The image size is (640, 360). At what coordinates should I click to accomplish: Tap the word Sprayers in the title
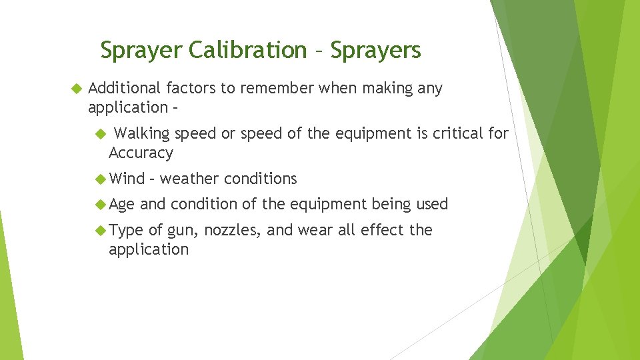pyautogui.click(x=375, y=50)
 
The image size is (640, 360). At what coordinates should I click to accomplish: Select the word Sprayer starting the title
pyautogui.click(x=141, y=50)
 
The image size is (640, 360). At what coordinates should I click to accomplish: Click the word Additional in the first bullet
pyautogui.click(x=125, y=88)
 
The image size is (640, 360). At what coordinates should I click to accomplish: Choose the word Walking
pyautogui.click(x=147, y=133)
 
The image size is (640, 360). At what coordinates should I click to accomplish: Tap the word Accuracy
pyautogui.click(x=141, y=153)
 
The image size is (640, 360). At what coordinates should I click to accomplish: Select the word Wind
pyautogui.click(x=127, y=179)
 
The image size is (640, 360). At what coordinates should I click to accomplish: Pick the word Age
pyautogui.click(x=122, y=204)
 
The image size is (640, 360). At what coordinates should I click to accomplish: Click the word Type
pyautogui.click(x=126, y=230)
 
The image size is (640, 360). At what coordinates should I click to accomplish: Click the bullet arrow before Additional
pyautogui.click(x=76, y=88)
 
